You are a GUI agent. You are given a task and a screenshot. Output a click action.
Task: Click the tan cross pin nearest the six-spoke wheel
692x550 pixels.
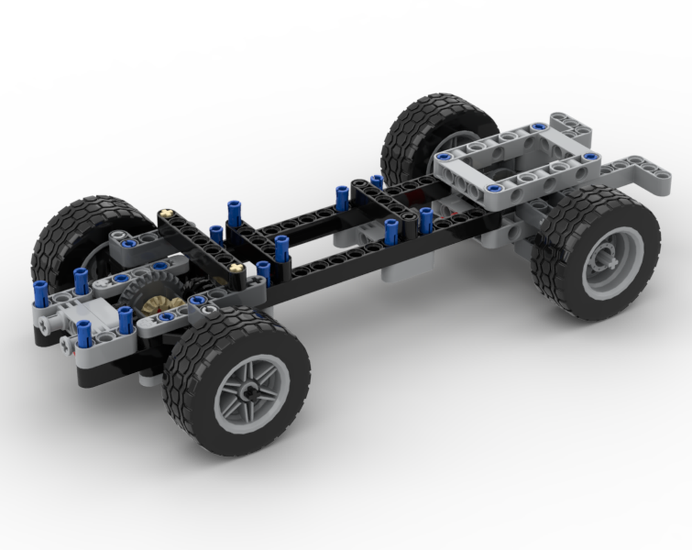pyautogui.click(x=237, y=267)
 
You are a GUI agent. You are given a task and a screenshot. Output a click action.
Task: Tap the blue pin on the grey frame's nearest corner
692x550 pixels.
pyautogui.click(x=493, y=188)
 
